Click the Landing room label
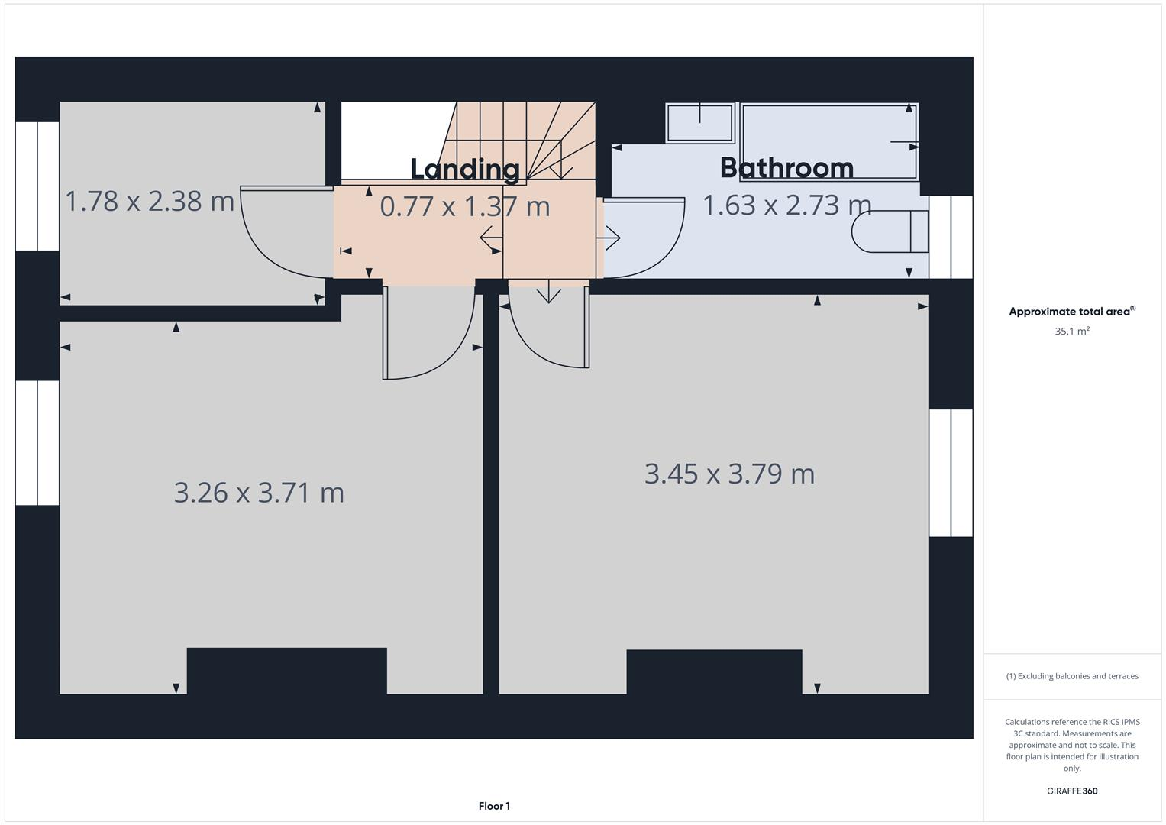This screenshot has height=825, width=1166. click(465, 169)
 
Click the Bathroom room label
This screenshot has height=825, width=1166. click(786, 167)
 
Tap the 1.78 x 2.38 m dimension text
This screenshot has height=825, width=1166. click(150, 202)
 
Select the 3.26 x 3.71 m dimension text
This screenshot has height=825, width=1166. click(259, 493)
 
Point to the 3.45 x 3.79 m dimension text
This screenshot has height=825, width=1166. click(729, 474)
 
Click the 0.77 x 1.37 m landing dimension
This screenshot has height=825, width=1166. click(465, 207)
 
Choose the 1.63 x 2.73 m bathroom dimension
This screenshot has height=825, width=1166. click(786, 205)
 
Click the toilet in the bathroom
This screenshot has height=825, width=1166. click(890, 231)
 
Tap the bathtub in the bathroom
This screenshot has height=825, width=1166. click(829, 142)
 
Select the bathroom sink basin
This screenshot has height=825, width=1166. click(700, 123)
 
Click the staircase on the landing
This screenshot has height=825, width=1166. click(527, 141)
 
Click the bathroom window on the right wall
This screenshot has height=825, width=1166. click(951, 237)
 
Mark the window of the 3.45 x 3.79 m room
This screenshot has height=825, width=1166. click(951, 473)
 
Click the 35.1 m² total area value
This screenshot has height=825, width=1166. click(1071, 332)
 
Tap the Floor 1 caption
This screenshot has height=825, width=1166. click(494, 806)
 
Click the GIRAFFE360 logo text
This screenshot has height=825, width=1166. click(1071, 791)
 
